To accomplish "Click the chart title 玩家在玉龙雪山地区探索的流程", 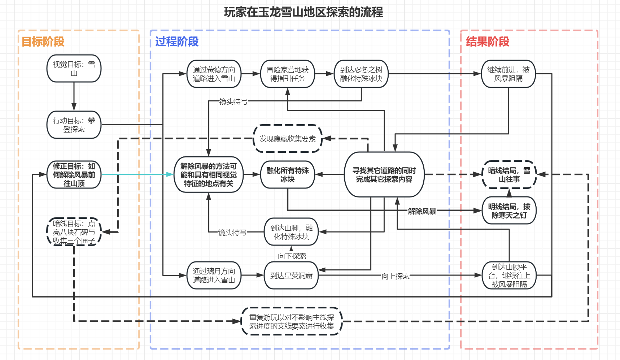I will pos(303,12).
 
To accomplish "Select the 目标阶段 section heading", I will pos(43,42).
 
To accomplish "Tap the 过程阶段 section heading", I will pos(177,42).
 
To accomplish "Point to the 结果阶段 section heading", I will pos(488,42).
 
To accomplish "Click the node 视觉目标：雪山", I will pos(74,69).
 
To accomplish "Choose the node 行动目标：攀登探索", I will pos(74,125).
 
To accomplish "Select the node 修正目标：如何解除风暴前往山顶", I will pos(74,175).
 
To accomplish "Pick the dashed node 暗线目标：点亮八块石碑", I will pos(74,232).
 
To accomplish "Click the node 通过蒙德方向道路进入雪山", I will pos(214,74).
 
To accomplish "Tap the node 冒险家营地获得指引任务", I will pos(288,74).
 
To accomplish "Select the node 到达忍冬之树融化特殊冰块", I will pos(361,74).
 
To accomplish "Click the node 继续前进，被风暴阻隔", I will pos(508,74).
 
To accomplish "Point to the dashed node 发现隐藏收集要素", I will pos(288,139).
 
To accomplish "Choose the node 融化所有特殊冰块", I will pos(288,175).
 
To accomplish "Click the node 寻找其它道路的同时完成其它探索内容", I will pos(384,175).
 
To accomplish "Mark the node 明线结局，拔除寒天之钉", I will pos(509,211).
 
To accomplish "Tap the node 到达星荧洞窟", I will pos(291,276).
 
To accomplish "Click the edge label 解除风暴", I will pos(422,211).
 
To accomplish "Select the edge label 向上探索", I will pos(396,276).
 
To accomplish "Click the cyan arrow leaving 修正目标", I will pos(137,174).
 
